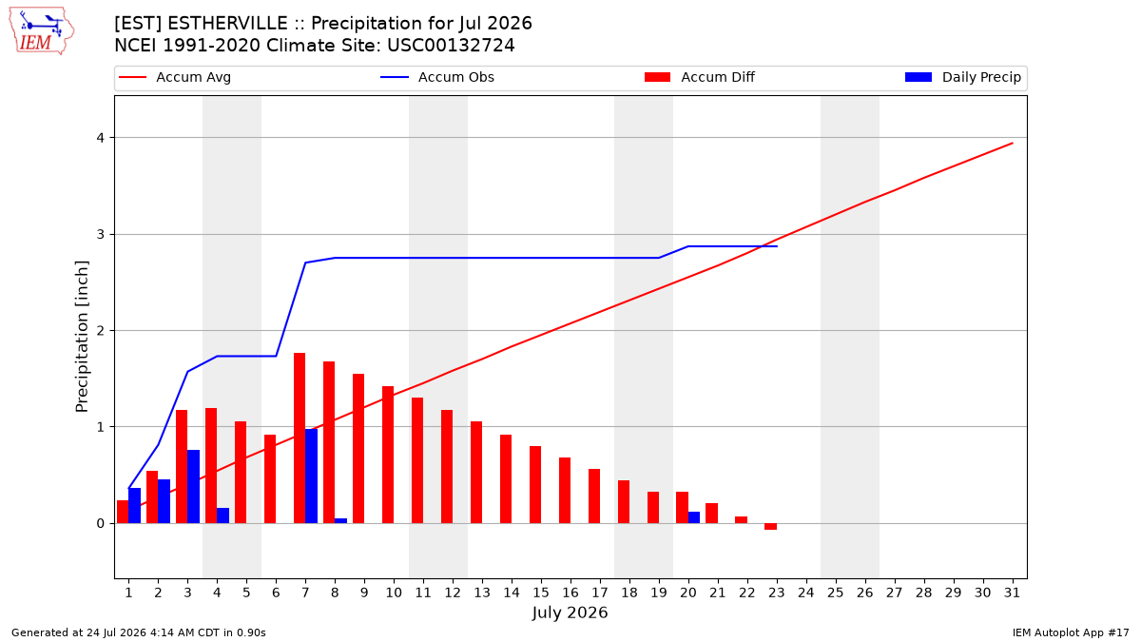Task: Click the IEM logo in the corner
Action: click(41, 31)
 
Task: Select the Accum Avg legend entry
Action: click(175, 77)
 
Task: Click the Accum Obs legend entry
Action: click(437, 77)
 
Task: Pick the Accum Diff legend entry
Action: click(700, 77)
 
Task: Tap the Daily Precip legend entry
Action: click(962, 77)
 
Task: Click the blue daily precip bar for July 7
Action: click(311, 476)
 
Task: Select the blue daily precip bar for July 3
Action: click(194, 487)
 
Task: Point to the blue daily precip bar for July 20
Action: click(694, 517)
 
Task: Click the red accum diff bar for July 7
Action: click(300, 438)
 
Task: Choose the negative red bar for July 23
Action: click(771, 526)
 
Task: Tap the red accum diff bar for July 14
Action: click(506, 479)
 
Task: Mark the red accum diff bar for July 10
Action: click(388, 455)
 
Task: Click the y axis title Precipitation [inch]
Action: click(82, 337)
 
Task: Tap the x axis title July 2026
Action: click(570, 613)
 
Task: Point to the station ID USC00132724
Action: click(451, 46)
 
